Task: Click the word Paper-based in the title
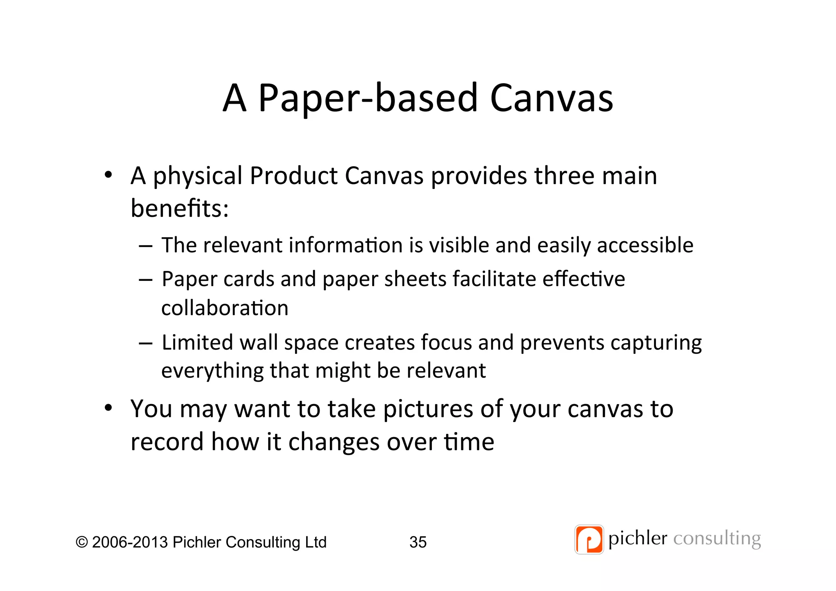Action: coord(368,98)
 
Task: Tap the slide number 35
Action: coord(418,542)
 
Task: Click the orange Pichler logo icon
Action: coord(589,540)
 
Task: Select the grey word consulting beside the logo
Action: coord(717,539)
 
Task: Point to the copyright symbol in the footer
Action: coord(82,542)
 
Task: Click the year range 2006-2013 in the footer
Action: coord(130,542)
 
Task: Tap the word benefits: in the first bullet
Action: coord(180,208)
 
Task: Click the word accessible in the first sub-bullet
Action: coord(645,245)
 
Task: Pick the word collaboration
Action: coord(225,308)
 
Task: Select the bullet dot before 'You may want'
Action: coord(108,408)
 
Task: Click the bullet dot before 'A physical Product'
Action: coord(108,175)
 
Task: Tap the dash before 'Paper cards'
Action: coord(145,280)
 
